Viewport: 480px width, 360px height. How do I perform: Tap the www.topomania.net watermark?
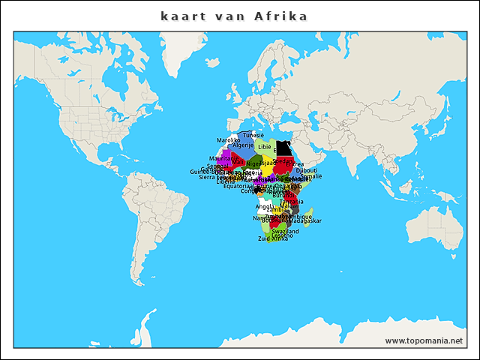click(x=424, y=340)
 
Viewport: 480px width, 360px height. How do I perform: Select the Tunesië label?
click(x=253, y=135)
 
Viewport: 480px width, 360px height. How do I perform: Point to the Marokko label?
click(x=228, y=140)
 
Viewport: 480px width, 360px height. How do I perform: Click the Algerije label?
click(x=243, y=145)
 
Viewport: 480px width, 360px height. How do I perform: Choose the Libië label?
click(x=265, y=147)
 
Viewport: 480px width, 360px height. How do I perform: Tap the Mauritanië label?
click(x=220, y=159)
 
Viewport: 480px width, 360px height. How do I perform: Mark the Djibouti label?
click(x=307, y=170)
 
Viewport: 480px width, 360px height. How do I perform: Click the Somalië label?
click(x=310, y=176)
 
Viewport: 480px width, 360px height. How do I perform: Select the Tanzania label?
click(x=291, y=201)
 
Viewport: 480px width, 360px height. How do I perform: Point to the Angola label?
click(x=264, y=206)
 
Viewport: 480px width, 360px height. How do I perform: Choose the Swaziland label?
click(x=285, y=232)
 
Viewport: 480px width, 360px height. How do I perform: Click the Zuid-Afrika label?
click(x=273, y=238)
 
